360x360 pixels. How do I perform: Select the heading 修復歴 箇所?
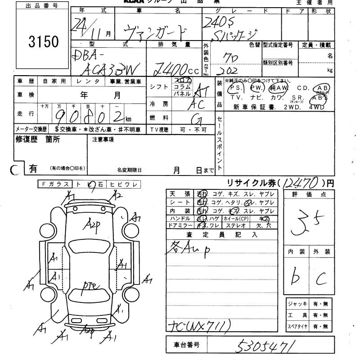click(x=37, y=139)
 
